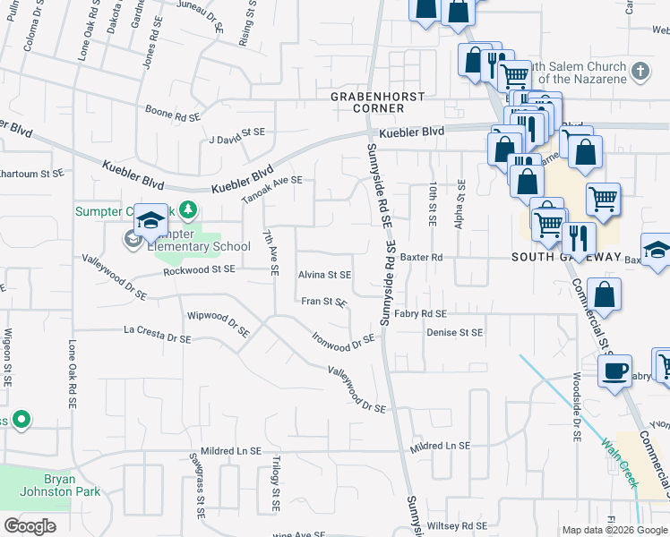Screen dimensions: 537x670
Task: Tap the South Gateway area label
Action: coord(566,257)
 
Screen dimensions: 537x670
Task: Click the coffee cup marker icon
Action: coord(615,371)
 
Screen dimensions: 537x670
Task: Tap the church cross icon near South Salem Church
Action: coord(640,71)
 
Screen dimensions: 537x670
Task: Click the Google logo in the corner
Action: coord(30,525)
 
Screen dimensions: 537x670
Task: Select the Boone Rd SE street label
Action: coord(172,116)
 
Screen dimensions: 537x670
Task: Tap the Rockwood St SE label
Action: coord(198,268)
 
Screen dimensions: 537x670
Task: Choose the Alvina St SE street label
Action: coord(324,276)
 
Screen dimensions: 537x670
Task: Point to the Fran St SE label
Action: coord(323,302)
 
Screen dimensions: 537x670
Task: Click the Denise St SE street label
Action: coord(454,332)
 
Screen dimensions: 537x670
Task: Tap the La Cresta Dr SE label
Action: coord(157,335)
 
